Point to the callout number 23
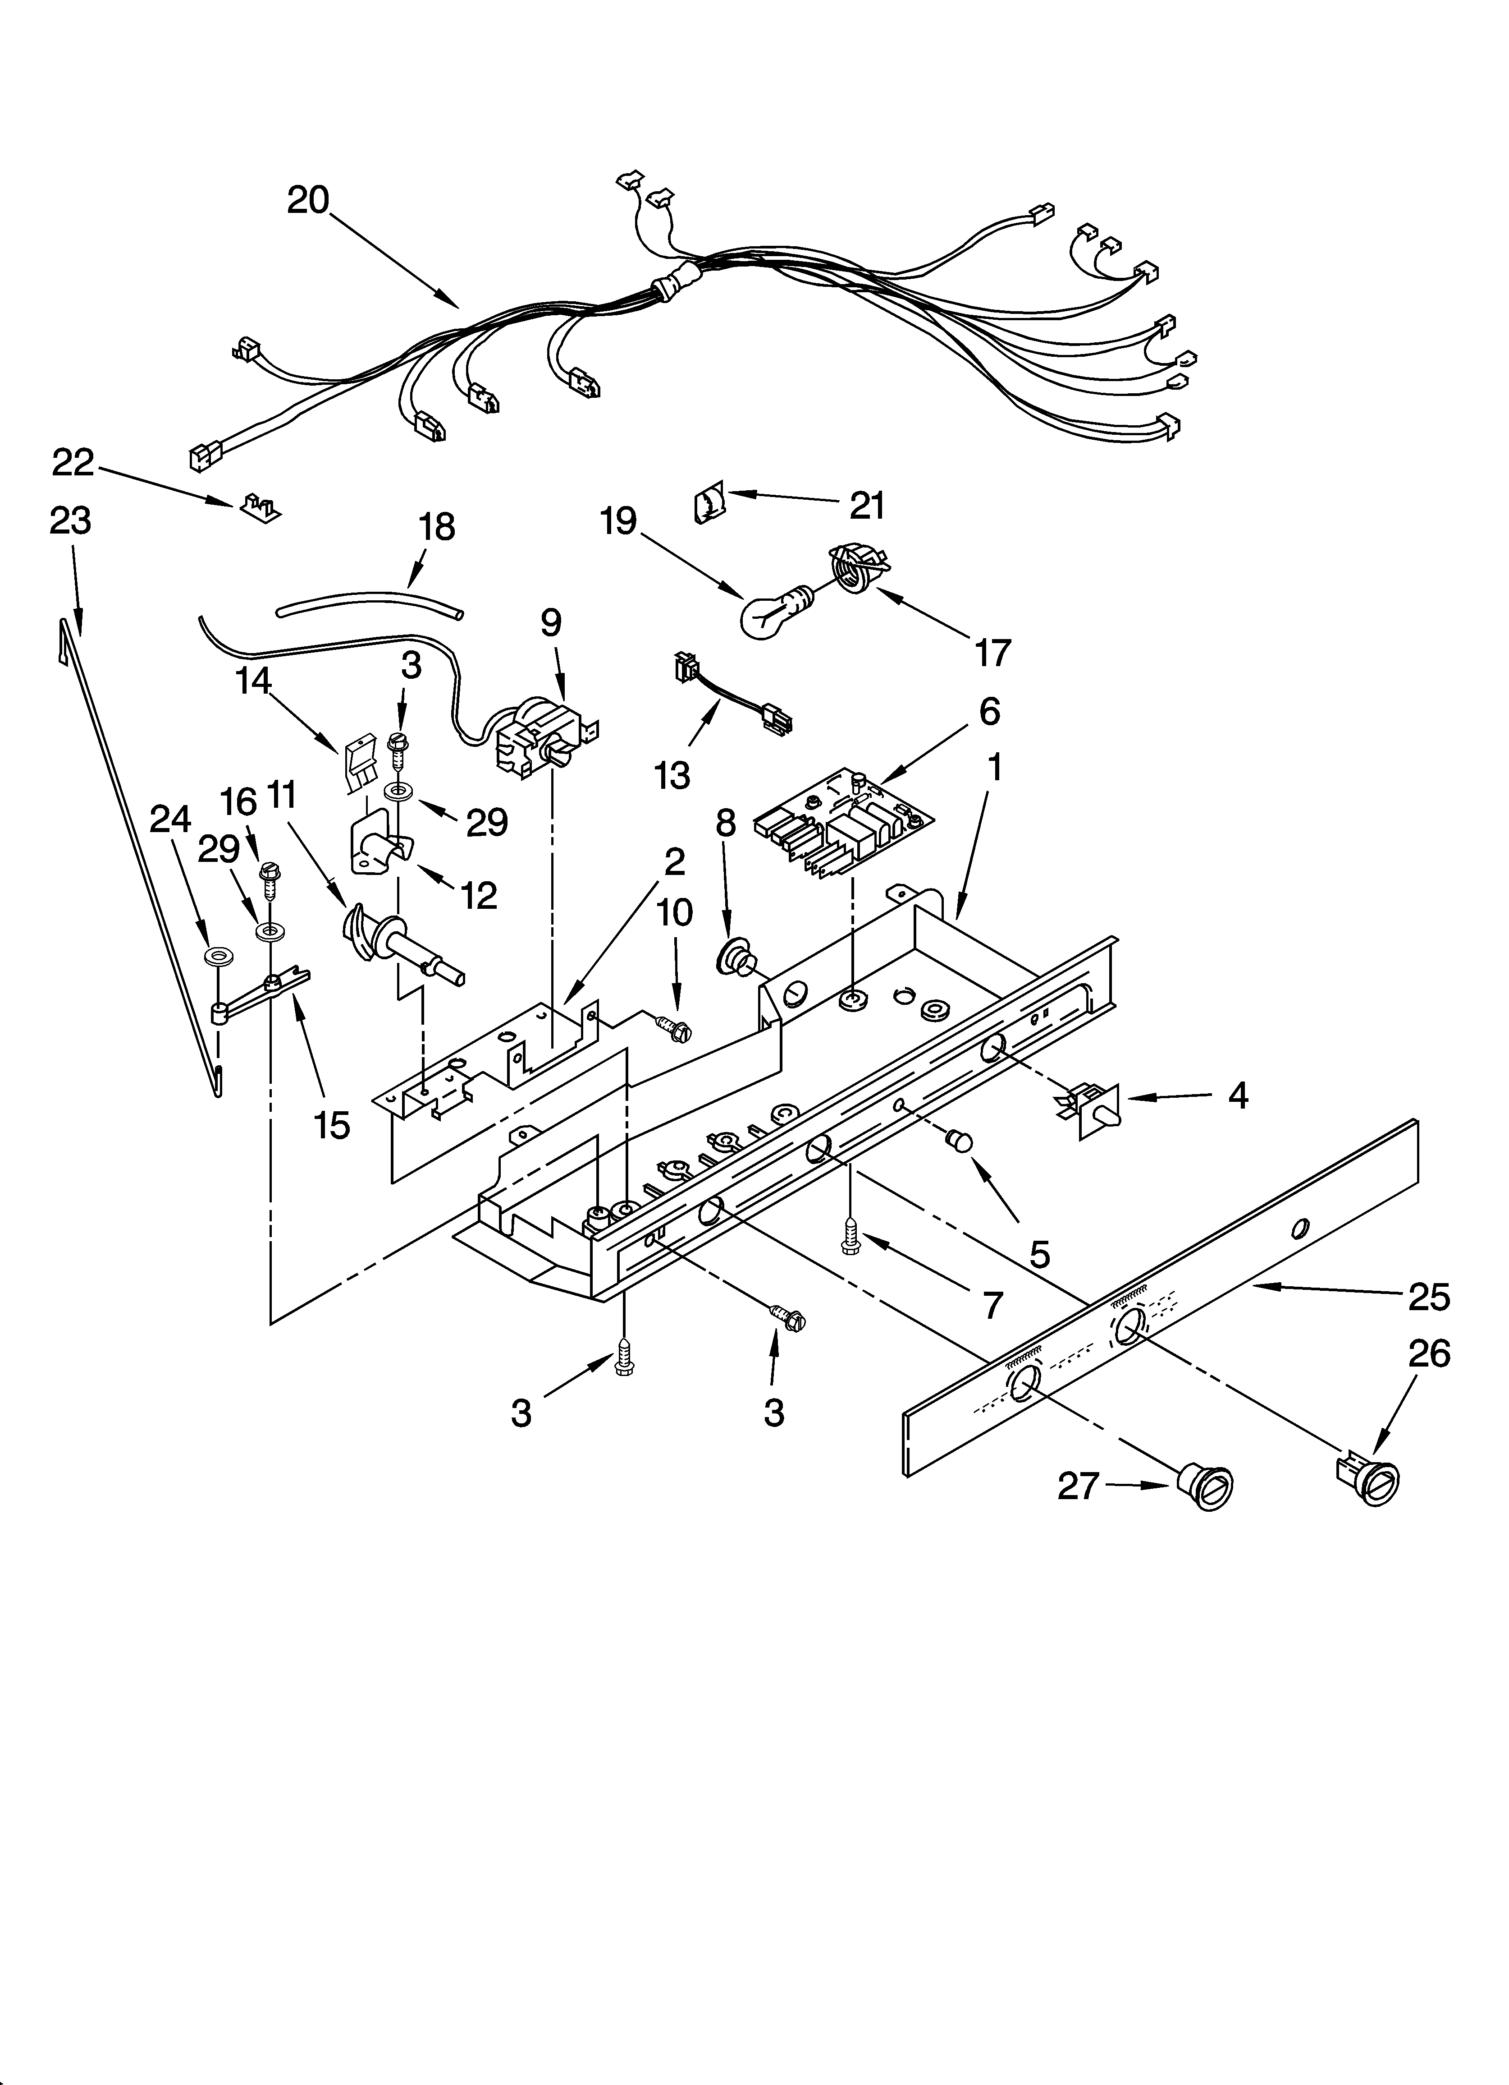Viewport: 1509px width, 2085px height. coord(71,521)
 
